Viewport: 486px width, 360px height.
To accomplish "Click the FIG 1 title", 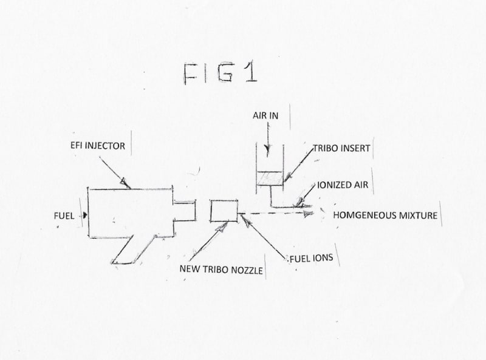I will [220, 73].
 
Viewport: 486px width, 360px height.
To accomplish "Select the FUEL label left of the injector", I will [63, 215].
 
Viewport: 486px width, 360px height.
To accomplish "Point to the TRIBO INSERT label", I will [341, 148].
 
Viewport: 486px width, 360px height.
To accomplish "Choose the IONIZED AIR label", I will [343, 185].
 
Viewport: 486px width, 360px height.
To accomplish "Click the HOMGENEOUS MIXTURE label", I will [385, 215].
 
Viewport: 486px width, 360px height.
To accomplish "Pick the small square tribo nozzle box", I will [224, 210].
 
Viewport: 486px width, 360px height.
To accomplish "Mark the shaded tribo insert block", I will [270, 178].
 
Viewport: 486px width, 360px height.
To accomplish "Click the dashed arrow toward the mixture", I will [279, 213].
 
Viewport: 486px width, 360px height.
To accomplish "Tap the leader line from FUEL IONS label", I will [264, 237].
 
